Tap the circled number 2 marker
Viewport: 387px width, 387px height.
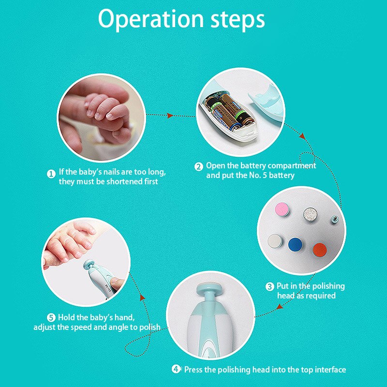click(x=199, y=166)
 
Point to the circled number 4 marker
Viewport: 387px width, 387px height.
click(x=177, y=370)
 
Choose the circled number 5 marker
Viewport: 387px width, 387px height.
click(x=51, y=318)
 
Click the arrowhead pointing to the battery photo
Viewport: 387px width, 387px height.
click(x=170, y=116)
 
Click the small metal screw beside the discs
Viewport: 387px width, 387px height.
click(x=333, y=220)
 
